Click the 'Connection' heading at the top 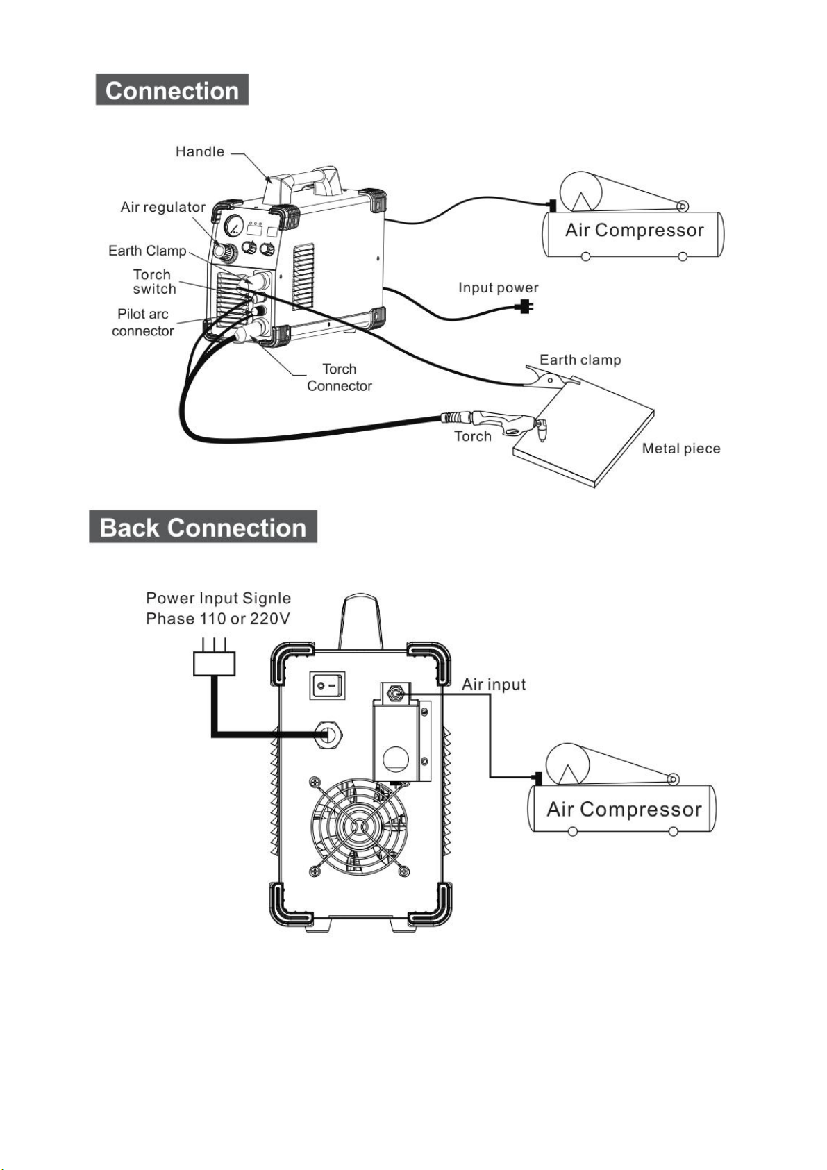click(x=172, y=90)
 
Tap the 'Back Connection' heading click(x=203, y=527)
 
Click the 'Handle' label click(x=199, y=151)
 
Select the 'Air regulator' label click(x=163, y=208)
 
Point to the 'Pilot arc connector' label click(x=142, y=322)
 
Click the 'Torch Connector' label click(x=339, y=377)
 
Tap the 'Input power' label click(x=498, y=287)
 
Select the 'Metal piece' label click(x=680, y=448)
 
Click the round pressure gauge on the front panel click(x=233, y=226)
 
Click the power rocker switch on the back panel click(x=328, y=685)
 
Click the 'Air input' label click(x=494, y=684)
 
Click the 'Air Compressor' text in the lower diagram click(x=624, y=809)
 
